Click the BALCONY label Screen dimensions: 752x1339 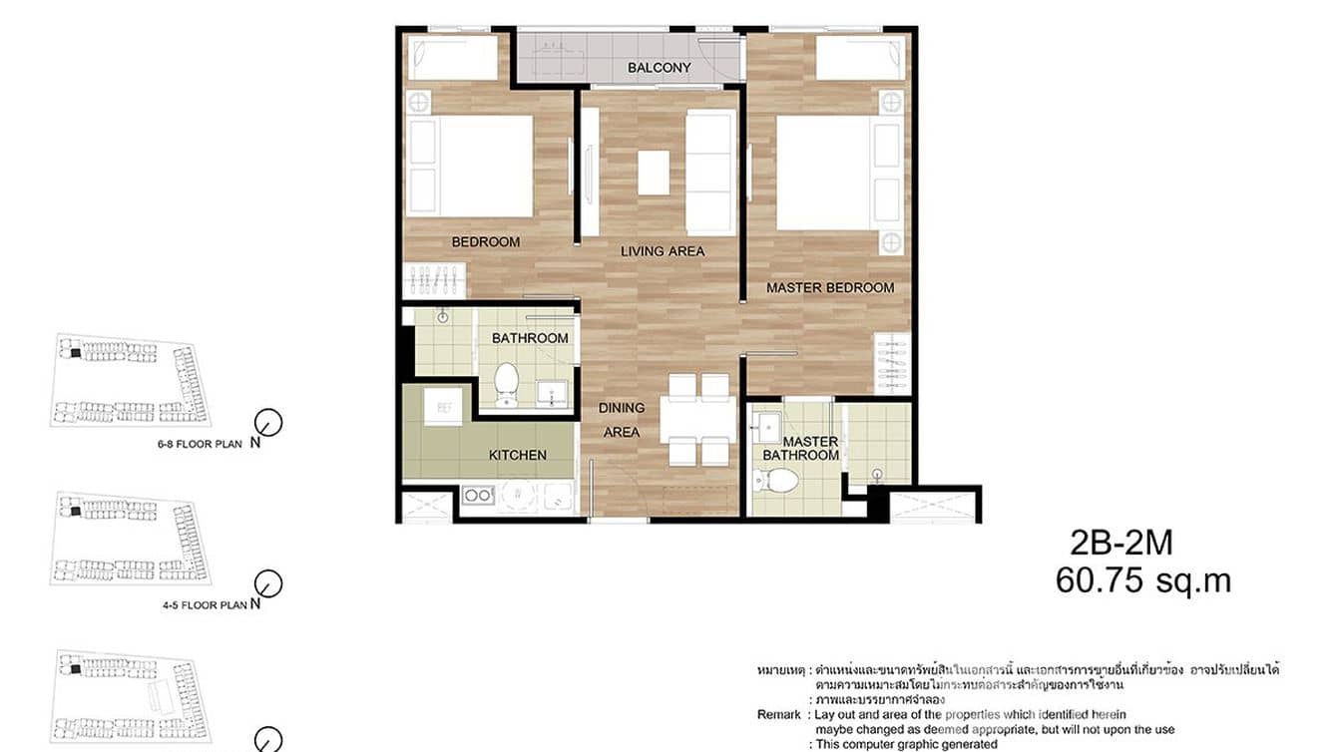(x=659, y=68)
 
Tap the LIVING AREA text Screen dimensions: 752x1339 (x=663, y=251)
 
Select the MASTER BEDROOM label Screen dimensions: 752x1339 (x=830, y=288)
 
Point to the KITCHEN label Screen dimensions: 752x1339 (x=517, y=456)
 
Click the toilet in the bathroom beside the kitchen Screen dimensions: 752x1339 (x=507, y=383)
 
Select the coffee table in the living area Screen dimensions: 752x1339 (x=654, y=172)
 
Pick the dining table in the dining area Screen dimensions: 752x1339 (x=698, y=420)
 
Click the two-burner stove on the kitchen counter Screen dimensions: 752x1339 (x=478, y=495)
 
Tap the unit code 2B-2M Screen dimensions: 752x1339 (x=1120, y=544)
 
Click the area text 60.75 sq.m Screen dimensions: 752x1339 (x=1142, y=581)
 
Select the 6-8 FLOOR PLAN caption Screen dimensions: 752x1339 (x=200, y=445)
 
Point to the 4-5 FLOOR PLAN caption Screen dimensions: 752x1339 (x=200, y=604)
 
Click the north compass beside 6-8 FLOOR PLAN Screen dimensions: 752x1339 (x=269, y=422)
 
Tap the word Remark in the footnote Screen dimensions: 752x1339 (x=778, y=715)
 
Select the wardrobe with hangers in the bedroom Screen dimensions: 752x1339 (x=434, y=280)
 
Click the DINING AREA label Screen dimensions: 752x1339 (x=621, y=420)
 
